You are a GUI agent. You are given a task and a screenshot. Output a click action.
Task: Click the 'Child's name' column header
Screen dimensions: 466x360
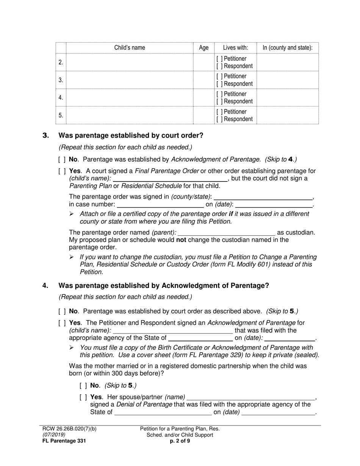click(x=129, y=48)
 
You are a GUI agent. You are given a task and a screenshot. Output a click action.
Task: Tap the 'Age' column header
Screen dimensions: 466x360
click(x=203, y=48)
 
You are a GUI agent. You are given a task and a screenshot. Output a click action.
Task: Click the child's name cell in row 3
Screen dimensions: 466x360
click(x=129, y=80)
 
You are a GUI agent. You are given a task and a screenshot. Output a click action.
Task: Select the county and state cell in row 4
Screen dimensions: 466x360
click(x=288, y=97)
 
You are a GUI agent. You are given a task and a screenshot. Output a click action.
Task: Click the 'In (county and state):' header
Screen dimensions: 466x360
click(x=288, y=48)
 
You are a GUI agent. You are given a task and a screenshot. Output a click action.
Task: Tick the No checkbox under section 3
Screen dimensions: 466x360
click(x=62, y=160)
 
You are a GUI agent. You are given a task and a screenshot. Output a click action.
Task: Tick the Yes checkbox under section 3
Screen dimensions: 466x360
click(x=62, y=171)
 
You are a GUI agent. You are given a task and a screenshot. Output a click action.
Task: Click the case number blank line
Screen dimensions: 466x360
click(x=160, y=205)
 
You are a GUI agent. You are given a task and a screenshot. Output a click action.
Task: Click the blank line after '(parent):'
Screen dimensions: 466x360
click(x=226, y=233)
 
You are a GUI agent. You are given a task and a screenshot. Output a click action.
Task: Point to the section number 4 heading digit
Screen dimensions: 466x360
click(x=45, y=286)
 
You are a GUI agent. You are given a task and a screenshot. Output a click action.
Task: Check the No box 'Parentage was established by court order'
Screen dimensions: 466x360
click(x=62, y=311)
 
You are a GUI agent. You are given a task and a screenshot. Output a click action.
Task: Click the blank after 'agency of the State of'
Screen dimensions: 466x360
click(x=200, y=338)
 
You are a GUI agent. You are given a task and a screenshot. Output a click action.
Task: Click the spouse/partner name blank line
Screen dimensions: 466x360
click(x=251, y=397)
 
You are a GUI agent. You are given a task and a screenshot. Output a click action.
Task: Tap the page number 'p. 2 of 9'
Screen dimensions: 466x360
click(x=180, y=441)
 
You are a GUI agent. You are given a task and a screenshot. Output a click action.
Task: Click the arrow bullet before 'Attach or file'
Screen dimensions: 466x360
click(x=72, y=214)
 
